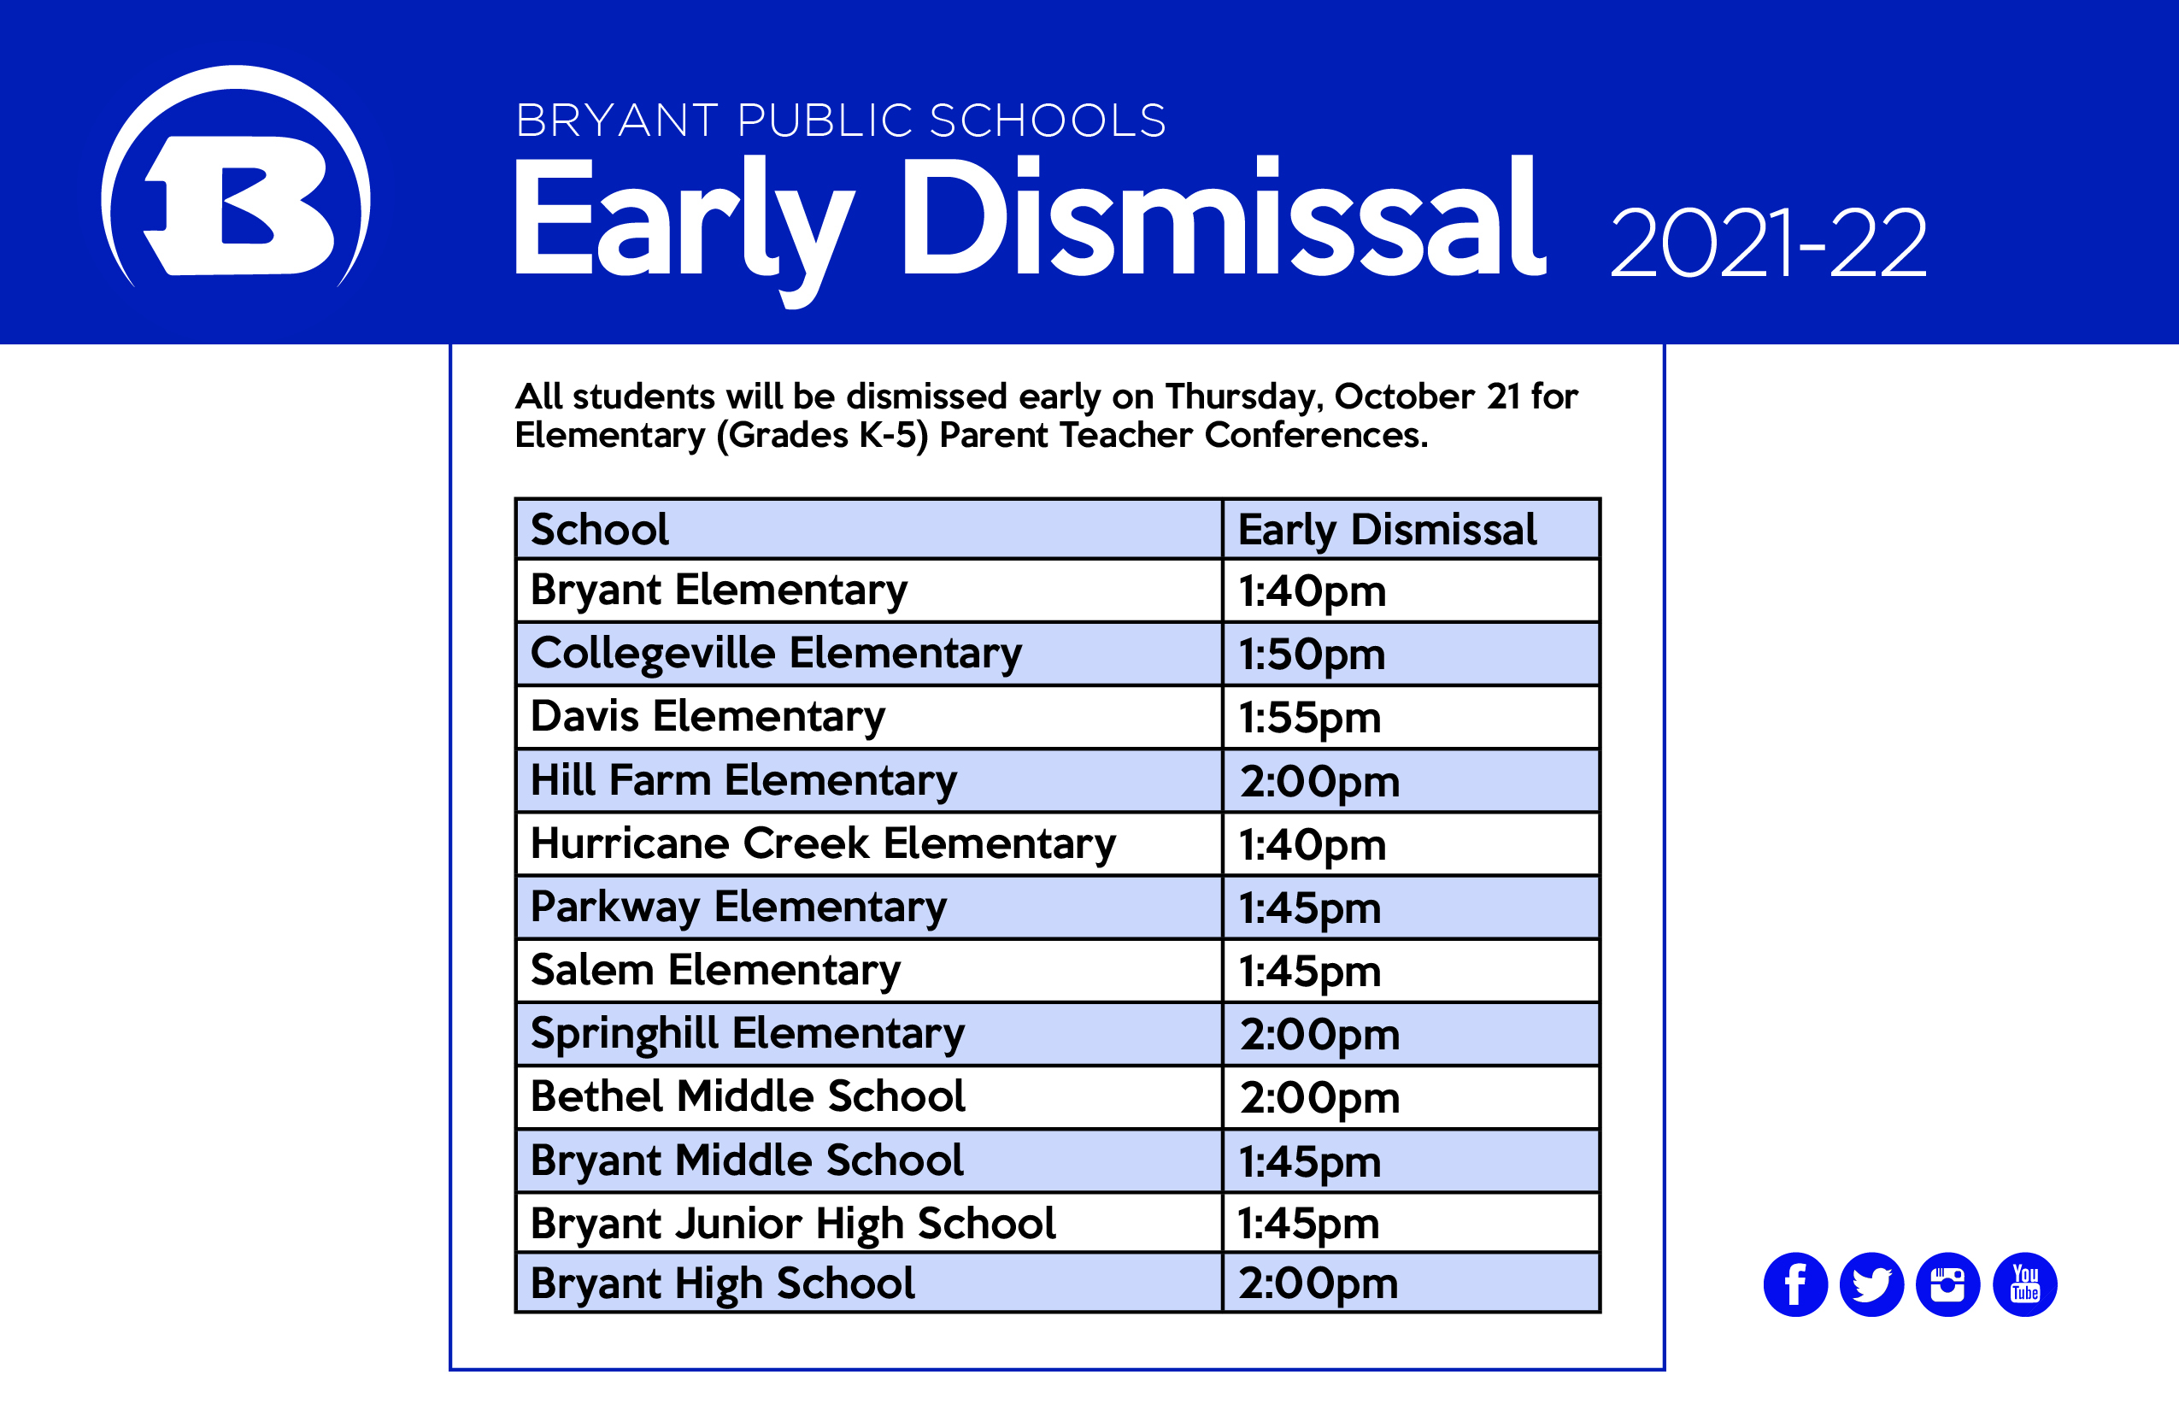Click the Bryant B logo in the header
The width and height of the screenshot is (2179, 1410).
236,179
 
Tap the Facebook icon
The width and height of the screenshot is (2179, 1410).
1795,1284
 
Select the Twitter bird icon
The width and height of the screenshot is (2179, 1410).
1871,1284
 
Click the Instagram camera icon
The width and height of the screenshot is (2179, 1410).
1947,1284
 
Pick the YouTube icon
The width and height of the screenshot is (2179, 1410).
2025,1284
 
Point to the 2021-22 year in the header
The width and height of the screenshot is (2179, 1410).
1768,243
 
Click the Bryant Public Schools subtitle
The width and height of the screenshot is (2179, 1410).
841,120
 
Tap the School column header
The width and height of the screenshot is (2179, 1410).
600,529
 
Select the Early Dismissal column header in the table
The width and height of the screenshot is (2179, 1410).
1387,530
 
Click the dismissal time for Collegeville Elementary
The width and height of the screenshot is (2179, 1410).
1312,655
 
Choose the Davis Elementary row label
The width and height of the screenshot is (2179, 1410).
708,717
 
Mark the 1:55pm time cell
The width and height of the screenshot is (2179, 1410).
1310,718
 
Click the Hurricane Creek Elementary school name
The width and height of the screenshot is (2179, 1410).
823,844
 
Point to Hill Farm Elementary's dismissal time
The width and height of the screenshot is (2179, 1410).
1319,782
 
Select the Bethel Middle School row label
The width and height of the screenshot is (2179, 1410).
748,1096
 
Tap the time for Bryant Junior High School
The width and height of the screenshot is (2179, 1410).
1308,1224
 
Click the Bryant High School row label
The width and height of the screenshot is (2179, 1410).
722,1284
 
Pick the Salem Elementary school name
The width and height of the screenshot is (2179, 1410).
715,971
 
